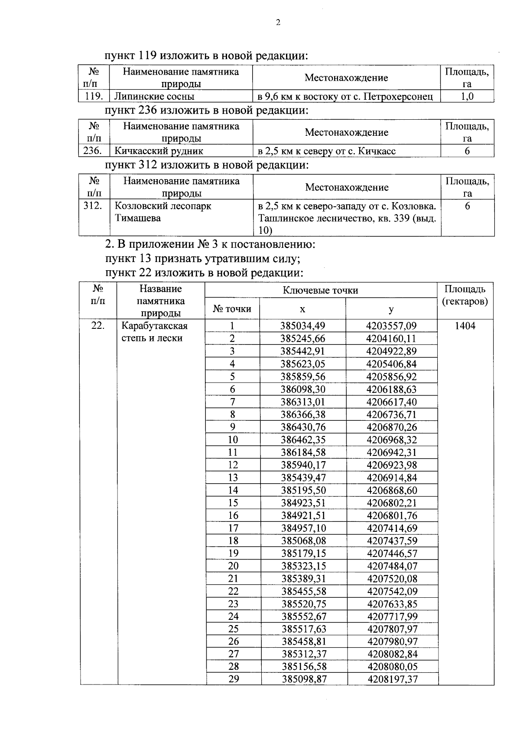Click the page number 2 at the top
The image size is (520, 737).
coord(278,23)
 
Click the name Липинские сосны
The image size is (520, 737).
coord(154,96)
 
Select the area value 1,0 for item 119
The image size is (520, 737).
coord(467,96)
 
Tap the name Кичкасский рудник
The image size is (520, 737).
coord(159,151)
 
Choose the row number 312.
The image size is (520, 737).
coord(93,206)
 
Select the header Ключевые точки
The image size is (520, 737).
coord(320,290)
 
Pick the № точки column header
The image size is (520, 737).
coord(232,309)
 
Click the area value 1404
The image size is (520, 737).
coord(465,326)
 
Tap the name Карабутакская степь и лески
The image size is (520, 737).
coord(155,332)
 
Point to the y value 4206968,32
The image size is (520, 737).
coord(391,440)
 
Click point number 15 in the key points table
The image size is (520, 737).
coord(233,503)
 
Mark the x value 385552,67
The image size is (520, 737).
coord(303,616)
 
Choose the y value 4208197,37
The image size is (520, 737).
coord(392,679)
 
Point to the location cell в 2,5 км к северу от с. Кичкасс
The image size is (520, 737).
coord(327,151)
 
